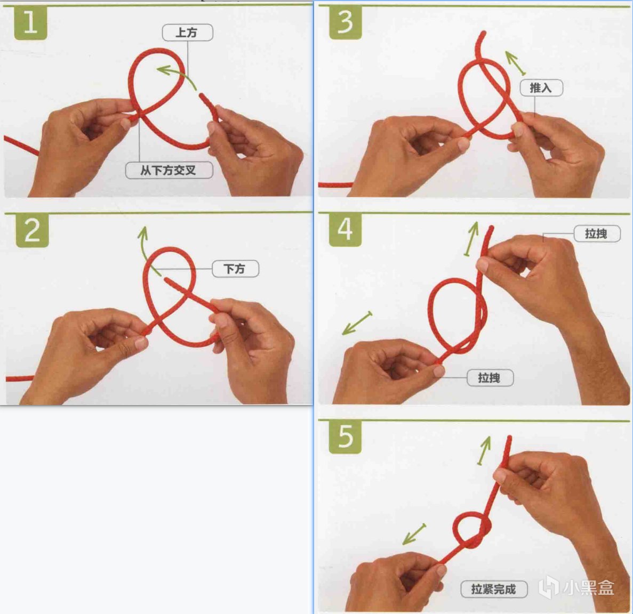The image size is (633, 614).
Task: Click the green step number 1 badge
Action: pos(31,23)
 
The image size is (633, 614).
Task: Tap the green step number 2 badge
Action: pos(33,230)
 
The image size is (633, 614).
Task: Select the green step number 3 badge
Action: pos(345,22)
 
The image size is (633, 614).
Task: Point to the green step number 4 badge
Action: pos(345,230)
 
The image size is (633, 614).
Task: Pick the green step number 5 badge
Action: pos(345,437)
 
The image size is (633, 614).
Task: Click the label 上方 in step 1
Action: pos(187,33)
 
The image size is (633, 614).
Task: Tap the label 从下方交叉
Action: pos(169,170)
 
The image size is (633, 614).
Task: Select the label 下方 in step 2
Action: pos(235,269)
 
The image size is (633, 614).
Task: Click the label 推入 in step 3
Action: pos(541,87)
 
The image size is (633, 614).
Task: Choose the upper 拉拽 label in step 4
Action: pos(597,233)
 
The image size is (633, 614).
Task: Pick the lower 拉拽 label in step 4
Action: pos(490,377)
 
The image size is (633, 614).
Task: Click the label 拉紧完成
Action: pos(494,589)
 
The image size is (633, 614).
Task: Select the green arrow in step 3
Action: pos(515,62)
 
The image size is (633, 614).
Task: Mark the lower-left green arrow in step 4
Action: pos(357,323)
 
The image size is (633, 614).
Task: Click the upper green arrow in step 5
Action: pos(484,450)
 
